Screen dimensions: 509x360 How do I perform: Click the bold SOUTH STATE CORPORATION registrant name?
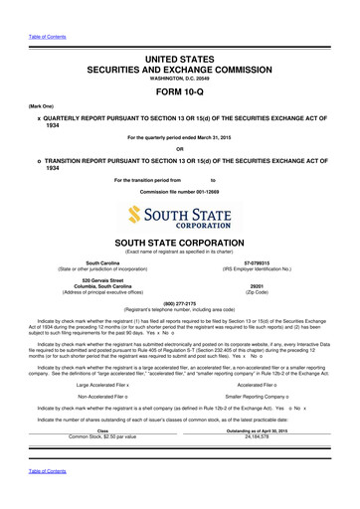[x=179, y=244]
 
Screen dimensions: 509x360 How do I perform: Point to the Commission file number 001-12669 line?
[x=179, y=190]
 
